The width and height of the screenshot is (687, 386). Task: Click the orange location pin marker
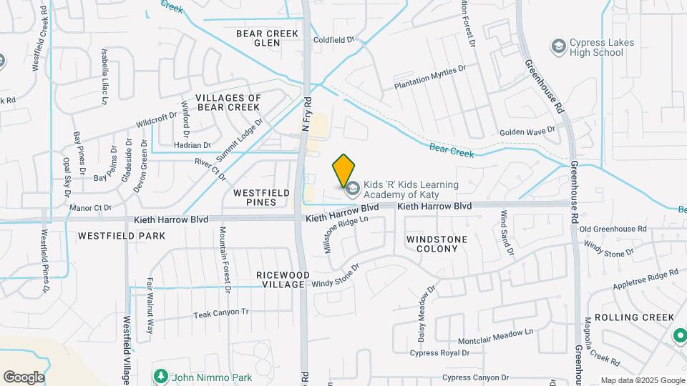click(343, 169)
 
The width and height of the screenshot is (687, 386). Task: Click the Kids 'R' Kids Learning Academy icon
click(351, 189)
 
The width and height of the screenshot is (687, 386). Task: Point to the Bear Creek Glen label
click(266, 37)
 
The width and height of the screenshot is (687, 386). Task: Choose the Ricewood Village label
click(283, 279)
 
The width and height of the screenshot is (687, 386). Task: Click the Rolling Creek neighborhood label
click(634, 317)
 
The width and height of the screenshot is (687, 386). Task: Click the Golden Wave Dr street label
click(527, 132)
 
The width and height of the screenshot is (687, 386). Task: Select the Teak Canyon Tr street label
click(220, 312)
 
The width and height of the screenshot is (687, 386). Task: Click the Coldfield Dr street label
click(334, 40)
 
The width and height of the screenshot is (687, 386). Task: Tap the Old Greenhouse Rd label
click(613, 229)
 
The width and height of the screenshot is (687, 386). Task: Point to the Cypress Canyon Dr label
click(475, 377)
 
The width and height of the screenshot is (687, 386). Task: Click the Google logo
click(24, 377)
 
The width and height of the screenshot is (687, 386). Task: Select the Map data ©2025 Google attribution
click(641, 380)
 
